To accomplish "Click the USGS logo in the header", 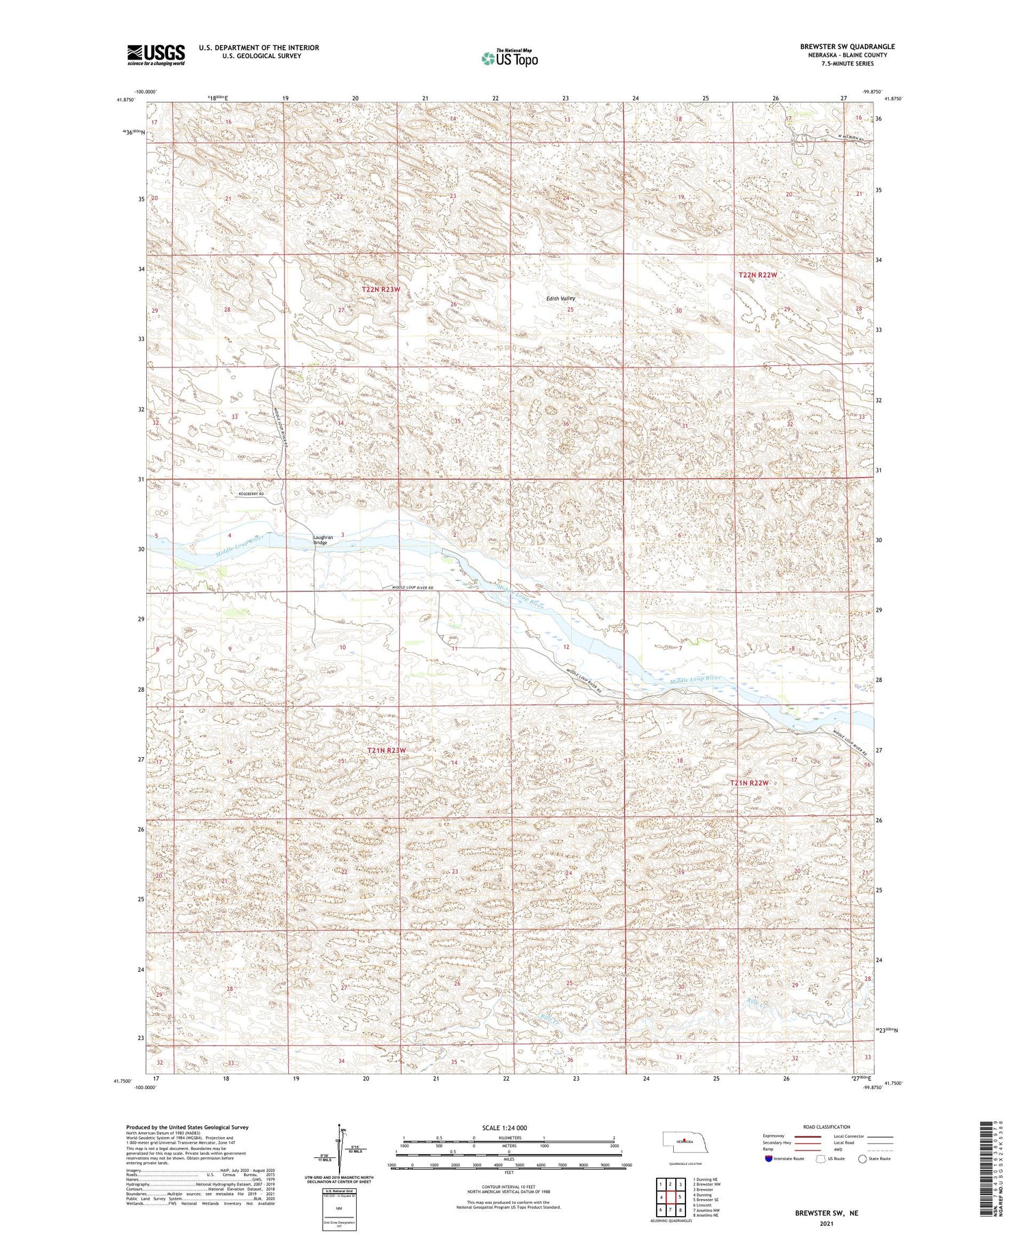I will coord(156,55).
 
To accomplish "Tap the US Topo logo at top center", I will coord(510,59).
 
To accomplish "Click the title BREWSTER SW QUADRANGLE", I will coord(847,46).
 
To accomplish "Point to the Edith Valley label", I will coord(560,298).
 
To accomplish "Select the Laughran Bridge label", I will coord(323,539).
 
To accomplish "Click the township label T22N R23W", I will coord(381,290).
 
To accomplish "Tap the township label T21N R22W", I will coord(750,783).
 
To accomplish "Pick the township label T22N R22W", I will coord(758,275).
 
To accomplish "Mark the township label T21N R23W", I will coord(387,750).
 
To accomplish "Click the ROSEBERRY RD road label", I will coord(252,494).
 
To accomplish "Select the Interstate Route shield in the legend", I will coord(769,1159).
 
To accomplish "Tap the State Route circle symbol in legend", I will coord(862,1159).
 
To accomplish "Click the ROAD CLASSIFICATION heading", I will coord(827,1127).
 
